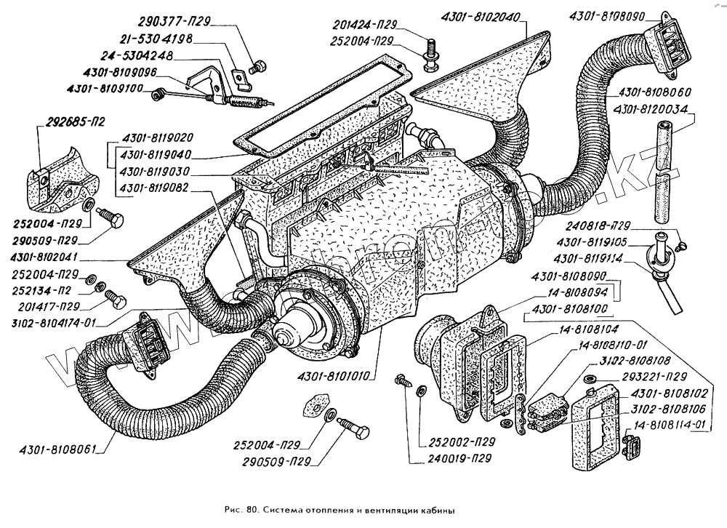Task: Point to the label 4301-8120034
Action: pos(655,109)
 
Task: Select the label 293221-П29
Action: pos(653,377)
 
